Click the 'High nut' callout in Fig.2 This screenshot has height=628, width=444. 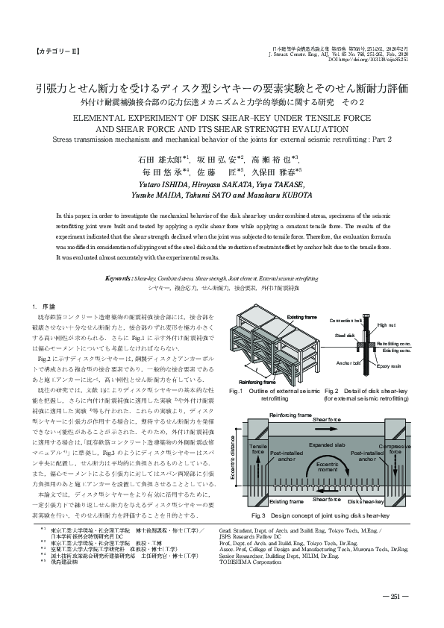click(x=387, y=325)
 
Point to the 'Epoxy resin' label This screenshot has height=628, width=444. click(x=388, y=366)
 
